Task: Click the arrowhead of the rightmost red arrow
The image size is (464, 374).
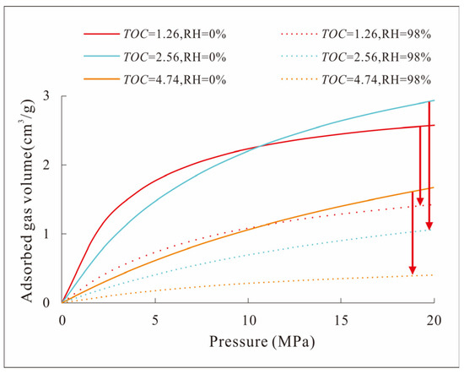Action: [429, 225]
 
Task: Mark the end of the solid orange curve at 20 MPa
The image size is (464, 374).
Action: [434, 187]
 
